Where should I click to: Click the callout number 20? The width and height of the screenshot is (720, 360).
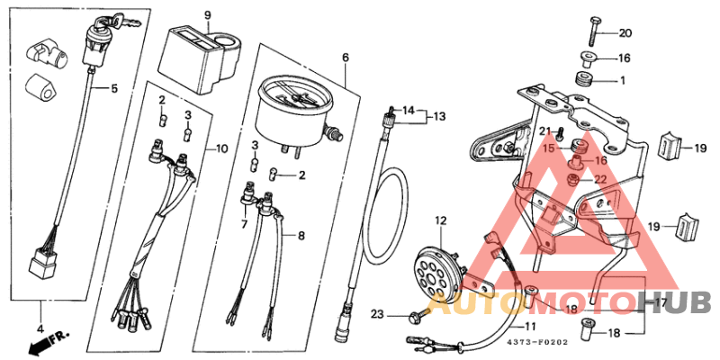coord(625,33)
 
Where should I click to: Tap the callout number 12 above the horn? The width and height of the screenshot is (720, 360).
coord(441,220)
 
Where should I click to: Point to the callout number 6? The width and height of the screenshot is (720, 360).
coord(345,58)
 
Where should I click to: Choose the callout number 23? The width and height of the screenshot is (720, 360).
coord(377,315)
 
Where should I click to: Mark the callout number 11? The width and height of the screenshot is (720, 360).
coord(529,326)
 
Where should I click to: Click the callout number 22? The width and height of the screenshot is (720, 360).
coord(600,179)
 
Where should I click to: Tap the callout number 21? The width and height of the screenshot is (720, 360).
coord(544,132)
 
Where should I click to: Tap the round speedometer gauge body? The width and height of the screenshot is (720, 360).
coord(290,111)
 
